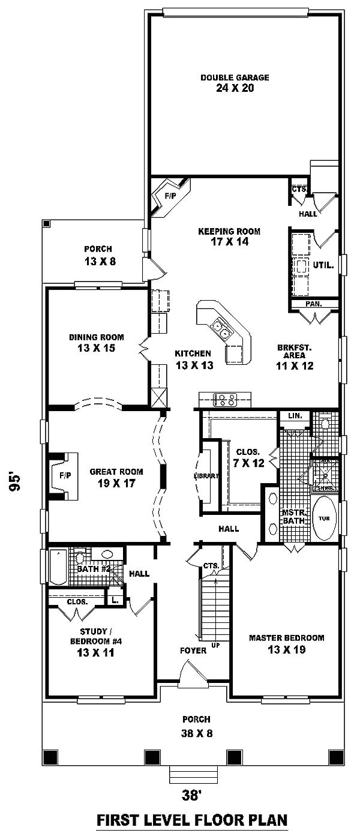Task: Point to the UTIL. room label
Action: (323, 264)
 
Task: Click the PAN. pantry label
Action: (313, 304)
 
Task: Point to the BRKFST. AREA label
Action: (295, 351)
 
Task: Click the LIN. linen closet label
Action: (294, 416)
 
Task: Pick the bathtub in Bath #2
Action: (58, 567)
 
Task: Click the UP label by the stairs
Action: (215, 646)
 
